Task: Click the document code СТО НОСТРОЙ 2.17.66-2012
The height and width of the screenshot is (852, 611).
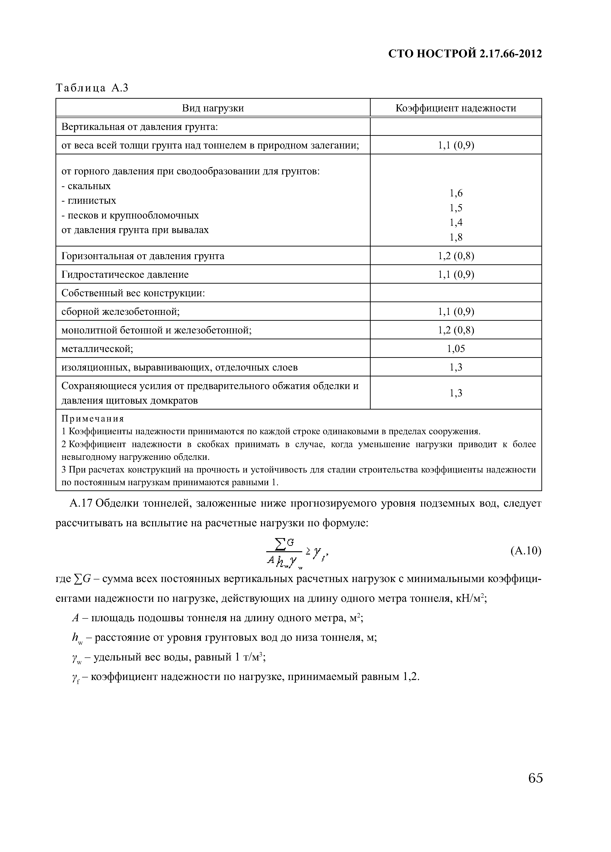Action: [465, 54]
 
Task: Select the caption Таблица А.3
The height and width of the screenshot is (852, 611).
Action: [92, 88]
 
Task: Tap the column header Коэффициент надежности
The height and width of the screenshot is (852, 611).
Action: [456, 108]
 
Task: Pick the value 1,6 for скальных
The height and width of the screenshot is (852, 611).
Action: [456, 193]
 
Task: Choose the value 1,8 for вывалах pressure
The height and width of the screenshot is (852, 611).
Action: [456, 237]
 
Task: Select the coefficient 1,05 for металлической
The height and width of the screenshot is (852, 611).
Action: [456, 349]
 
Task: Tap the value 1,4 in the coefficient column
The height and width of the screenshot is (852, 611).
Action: [456, 222]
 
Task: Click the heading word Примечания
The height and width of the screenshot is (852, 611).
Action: [92, 418]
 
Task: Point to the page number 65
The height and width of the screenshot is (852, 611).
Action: [535, 778]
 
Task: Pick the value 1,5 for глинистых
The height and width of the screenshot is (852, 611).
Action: [456, 208]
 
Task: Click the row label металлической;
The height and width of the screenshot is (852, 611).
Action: [97, 349]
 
